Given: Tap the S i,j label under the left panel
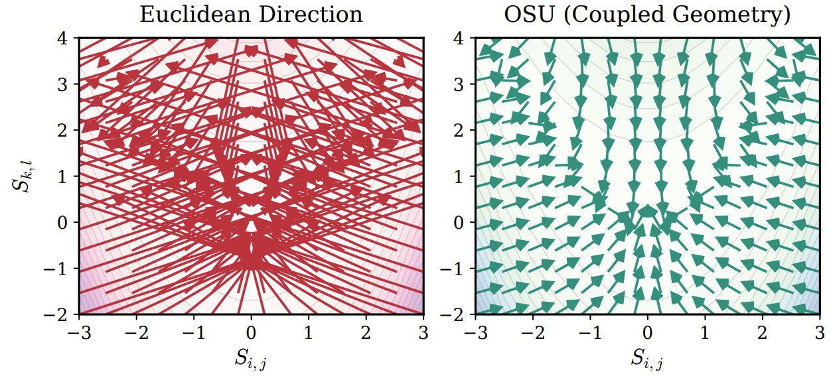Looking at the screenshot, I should pos(251,361).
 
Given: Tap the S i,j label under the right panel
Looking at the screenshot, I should pos(648,361).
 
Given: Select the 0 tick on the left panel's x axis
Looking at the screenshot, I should pos(251,331).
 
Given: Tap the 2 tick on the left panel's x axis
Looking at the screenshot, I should pos(365,331).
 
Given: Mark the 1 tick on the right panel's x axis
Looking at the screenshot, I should pos(705,331).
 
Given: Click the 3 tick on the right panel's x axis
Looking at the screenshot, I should pos(820,331).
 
